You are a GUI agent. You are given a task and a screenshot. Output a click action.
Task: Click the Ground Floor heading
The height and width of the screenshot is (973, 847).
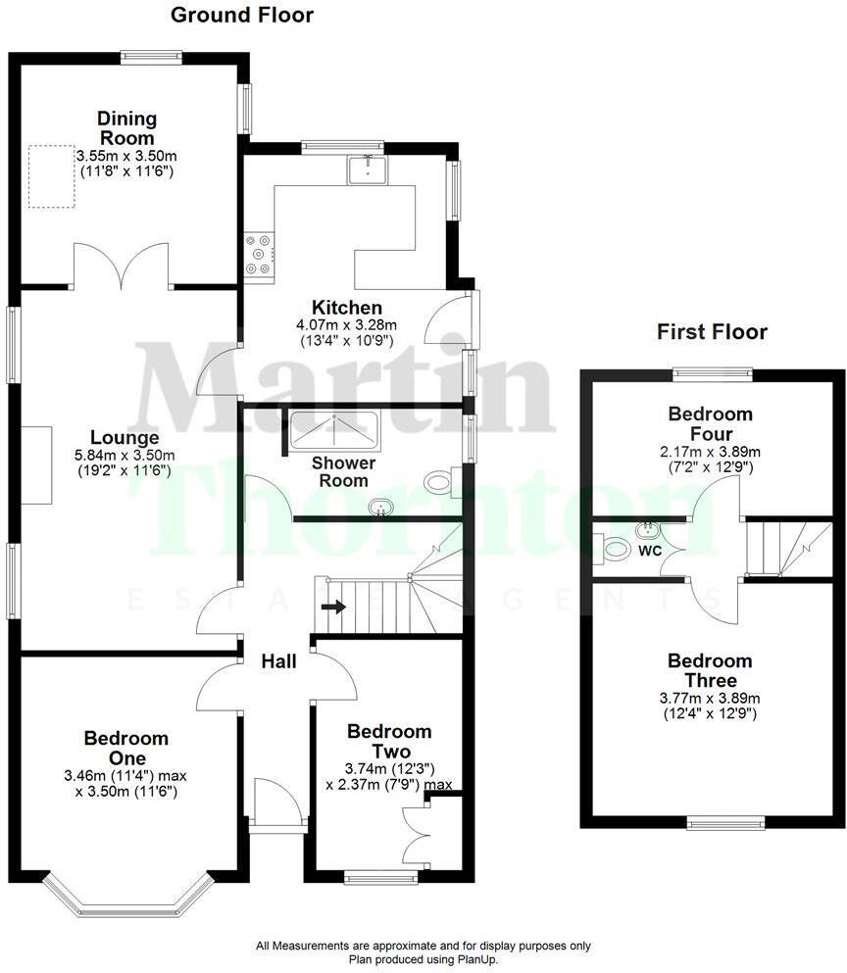tap(242, 15)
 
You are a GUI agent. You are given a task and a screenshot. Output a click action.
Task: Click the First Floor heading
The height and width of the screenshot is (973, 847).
tap(712, 332)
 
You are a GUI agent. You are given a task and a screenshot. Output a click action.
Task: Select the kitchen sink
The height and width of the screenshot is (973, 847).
tap(368, 170)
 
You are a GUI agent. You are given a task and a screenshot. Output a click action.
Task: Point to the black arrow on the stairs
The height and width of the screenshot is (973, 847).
tap(333, 607)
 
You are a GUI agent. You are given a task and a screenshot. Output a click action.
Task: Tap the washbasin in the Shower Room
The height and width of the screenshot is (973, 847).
tap(379, 507)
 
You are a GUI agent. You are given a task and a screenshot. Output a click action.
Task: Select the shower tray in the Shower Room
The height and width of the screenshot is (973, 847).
tap(334, 428)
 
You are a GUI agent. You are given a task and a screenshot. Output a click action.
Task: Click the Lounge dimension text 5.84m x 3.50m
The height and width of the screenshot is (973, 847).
tap(125, 455)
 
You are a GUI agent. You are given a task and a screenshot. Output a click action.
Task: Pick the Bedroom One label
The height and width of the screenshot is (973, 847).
tap(125, 748)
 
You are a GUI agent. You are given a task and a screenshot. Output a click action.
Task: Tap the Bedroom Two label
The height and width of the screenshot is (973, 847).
tap(389, 741)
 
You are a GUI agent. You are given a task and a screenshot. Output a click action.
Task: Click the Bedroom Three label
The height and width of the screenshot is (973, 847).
tap(711, 670)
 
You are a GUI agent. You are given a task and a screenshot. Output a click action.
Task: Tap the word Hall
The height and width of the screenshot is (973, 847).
tap(278, 662)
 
